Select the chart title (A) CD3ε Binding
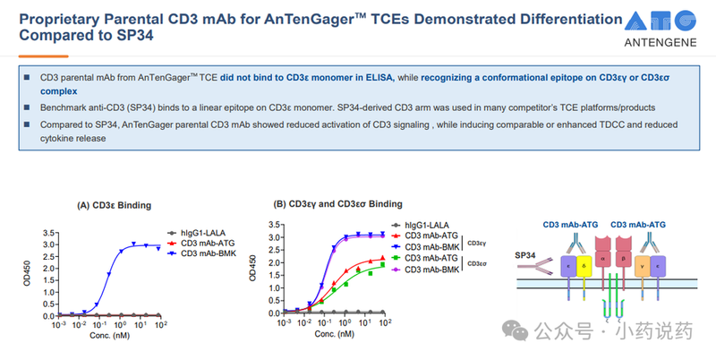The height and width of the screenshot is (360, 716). (x=110, y=205)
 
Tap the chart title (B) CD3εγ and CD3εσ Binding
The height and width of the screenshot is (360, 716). (x=338, y=204)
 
